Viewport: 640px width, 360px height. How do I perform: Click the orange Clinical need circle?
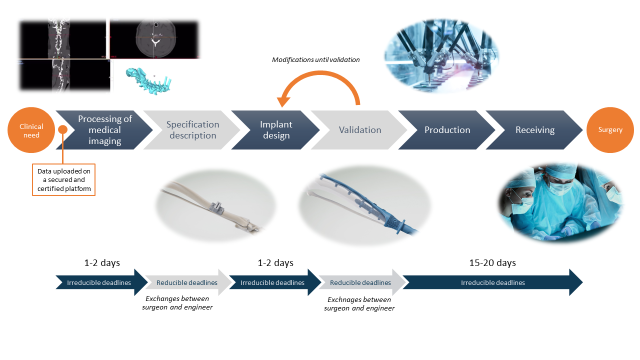point(31,130)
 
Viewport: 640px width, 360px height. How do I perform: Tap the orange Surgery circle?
point(610,130)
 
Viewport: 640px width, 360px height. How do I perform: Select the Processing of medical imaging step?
point(104,130)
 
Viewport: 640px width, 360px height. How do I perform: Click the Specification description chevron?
point(192,130)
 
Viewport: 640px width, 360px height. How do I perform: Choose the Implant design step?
point(276,130)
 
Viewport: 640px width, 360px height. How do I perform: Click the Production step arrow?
point(447,130)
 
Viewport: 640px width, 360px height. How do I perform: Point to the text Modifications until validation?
point(315,60)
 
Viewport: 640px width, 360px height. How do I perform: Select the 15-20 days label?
point(492,263)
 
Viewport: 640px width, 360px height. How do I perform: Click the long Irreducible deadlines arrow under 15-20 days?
point(492,282)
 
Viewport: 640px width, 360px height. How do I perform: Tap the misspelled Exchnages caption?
point(359,304)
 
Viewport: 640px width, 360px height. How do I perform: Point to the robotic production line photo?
point(442,56)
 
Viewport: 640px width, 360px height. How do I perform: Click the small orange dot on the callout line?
point(63,129)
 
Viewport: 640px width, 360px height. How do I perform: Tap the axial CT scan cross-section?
point(155,39)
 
